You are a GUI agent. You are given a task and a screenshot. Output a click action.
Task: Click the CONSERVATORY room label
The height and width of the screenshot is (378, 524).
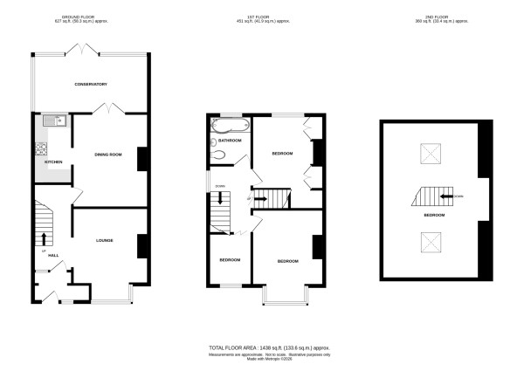[x=91, y=84]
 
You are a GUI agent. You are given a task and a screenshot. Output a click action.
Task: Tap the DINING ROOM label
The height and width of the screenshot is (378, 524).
[x=108, y=155]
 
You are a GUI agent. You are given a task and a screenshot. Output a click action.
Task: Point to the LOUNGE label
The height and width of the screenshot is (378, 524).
[x=105, y=240]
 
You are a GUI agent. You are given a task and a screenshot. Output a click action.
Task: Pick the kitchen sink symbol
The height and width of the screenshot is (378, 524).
[x=43, y=120]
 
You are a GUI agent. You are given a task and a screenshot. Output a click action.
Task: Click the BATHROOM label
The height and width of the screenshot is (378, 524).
[x=230, y=140]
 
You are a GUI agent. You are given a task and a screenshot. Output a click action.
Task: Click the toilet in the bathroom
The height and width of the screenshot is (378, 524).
[x=218, y=155]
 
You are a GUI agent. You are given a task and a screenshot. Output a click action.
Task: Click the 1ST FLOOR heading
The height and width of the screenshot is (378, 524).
[x=262, y=16]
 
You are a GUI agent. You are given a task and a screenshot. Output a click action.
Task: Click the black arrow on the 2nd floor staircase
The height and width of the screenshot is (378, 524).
[x=459, y=196]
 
